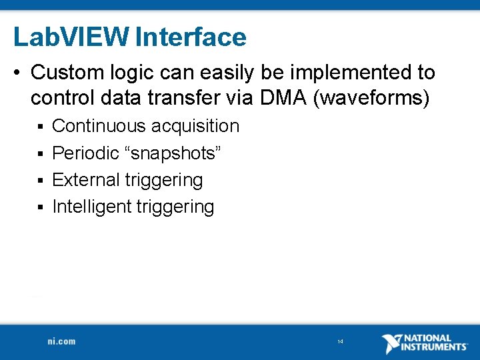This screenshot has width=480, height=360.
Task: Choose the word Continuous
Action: click(99, 126)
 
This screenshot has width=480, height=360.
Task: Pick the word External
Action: click(85, 180)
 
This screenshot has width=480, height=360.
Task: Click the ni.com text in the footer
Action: click(61, 341)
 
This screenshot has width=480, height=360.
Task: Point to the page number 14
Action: click(340, 342)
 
